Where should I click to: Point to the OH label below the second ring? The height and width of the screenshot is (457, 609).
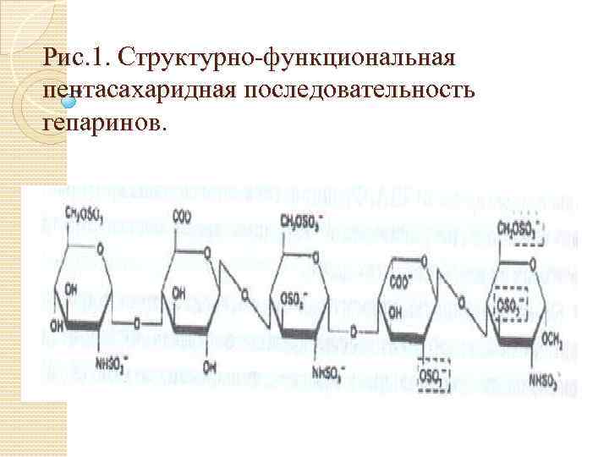click(x=208, y=366)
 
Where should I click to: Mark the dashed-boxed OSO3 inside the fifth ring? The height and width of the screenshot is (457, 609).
click(x=509, y=303)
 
